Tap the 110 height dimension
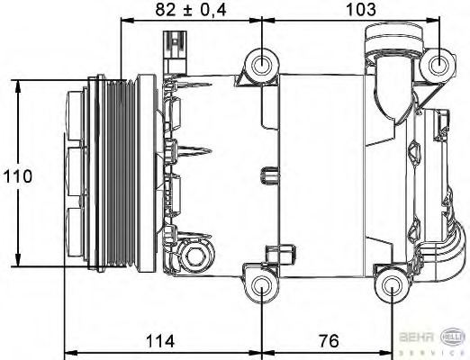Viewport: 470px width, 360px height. tap(17, 175)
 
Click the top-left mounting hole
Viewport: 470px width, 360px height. tap(263, 64)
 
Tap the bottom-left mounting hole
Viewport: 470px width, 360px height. tap(263, 287)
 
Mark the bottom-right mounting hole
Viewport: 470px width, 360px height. tap(393, 286)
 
